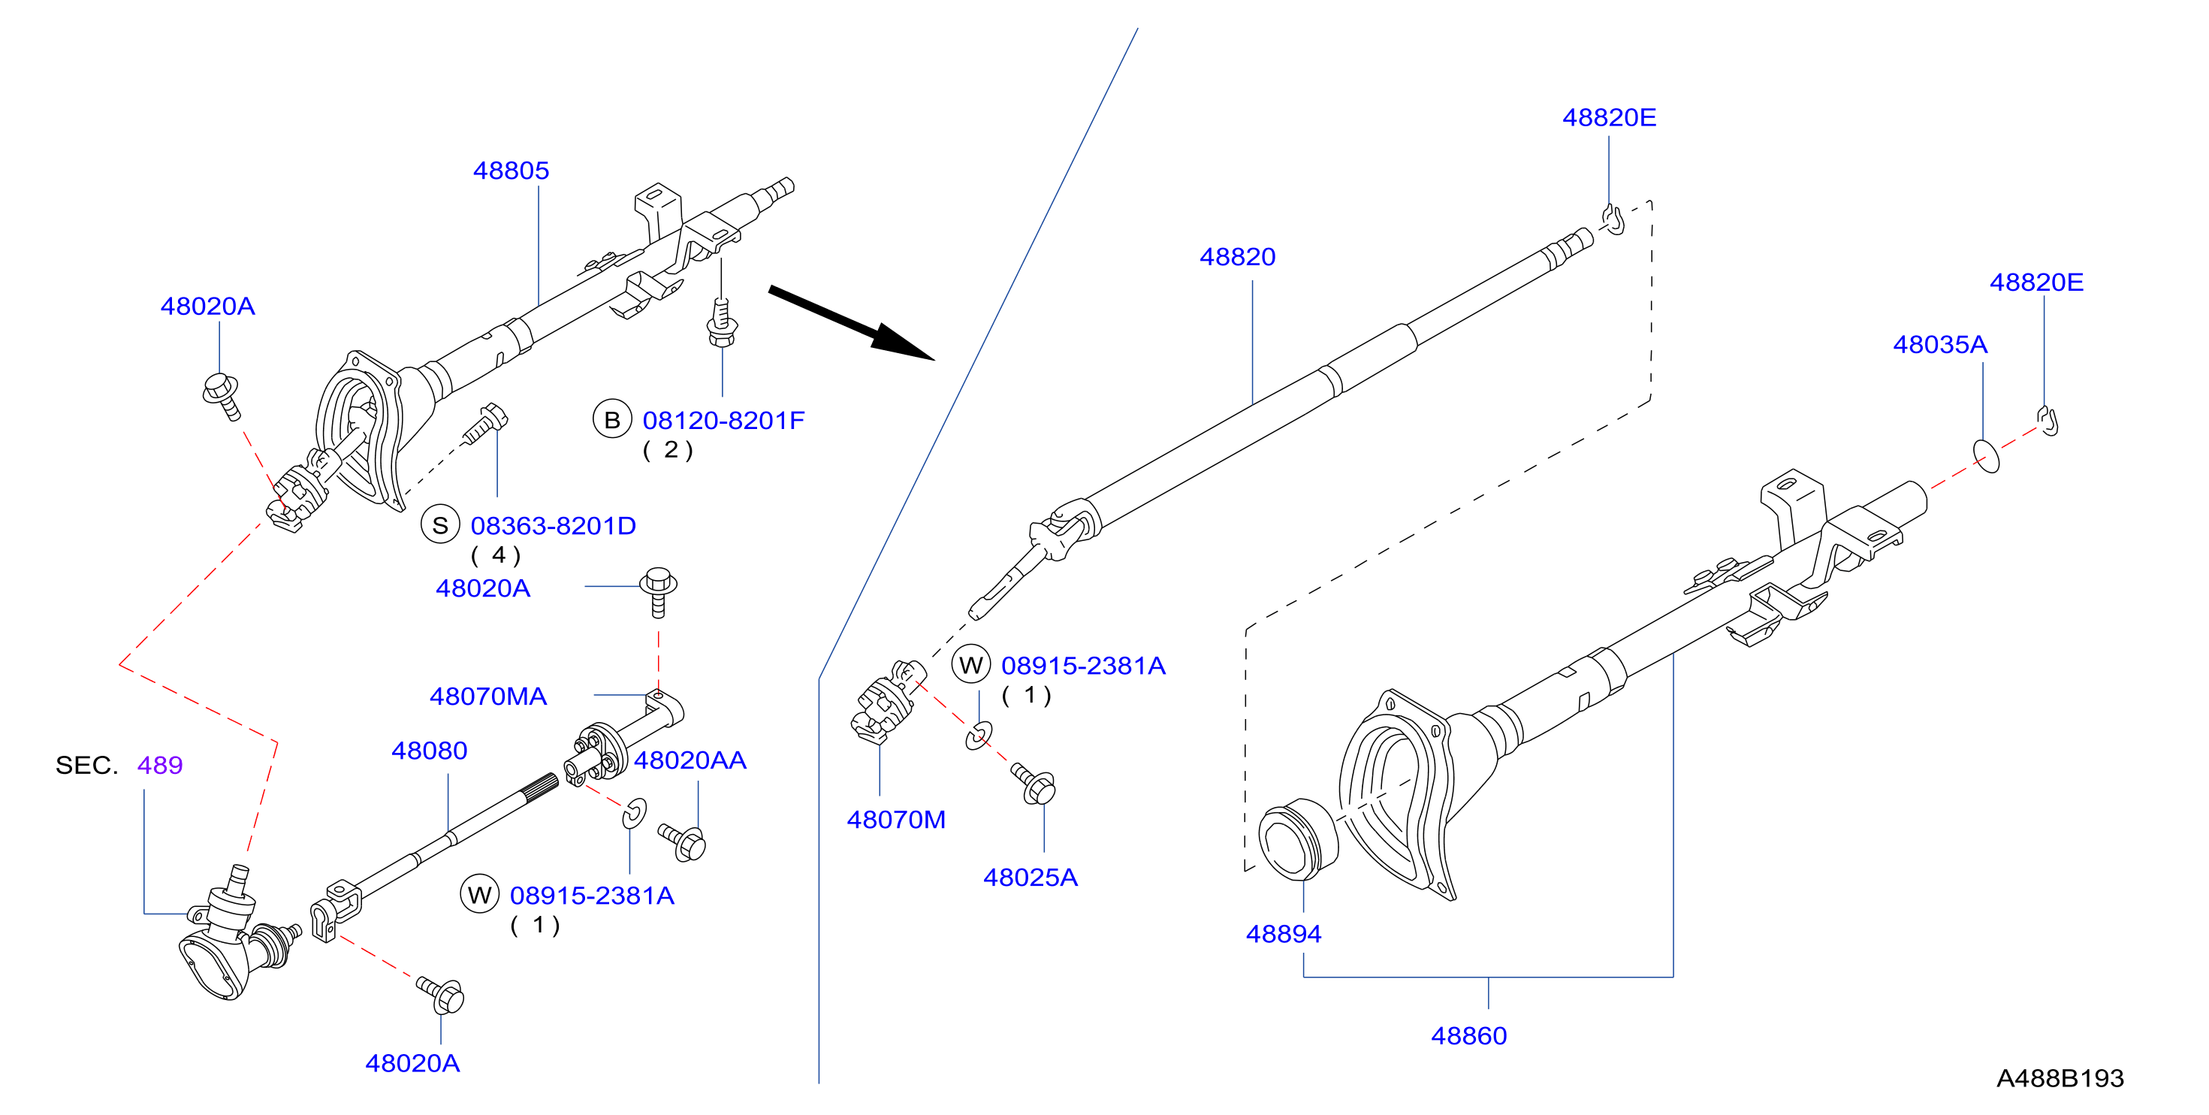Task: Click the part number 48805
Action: point(511,171)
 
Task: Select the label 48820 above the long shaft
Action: point(1237,256)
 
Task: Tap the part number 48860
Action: point(1469,1035)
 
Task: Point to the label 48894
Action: point(1284,933)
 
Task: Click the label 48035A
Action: point(1940,344)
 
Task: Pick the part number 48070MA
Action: point(488,696)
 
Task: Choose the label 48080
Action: point(430,751)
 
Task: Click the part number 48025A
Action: point(1030,877)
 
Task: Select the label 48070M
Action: point(896,819)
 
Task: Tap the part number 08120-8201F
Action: point(724,420)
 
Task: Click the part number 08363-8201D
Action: point(553,526)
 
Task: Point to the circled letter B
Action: point(612,419)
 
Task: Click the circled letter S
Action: point(441,525)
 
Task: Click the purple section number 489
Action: point(160,764)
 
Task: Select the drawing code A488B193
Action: point(2060,1078)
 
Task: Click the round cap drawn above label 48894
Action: point(1297,839)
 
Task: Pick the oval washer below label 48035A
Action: point(1986,455)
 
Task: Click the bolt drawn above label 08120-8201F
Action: point(722,321)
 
